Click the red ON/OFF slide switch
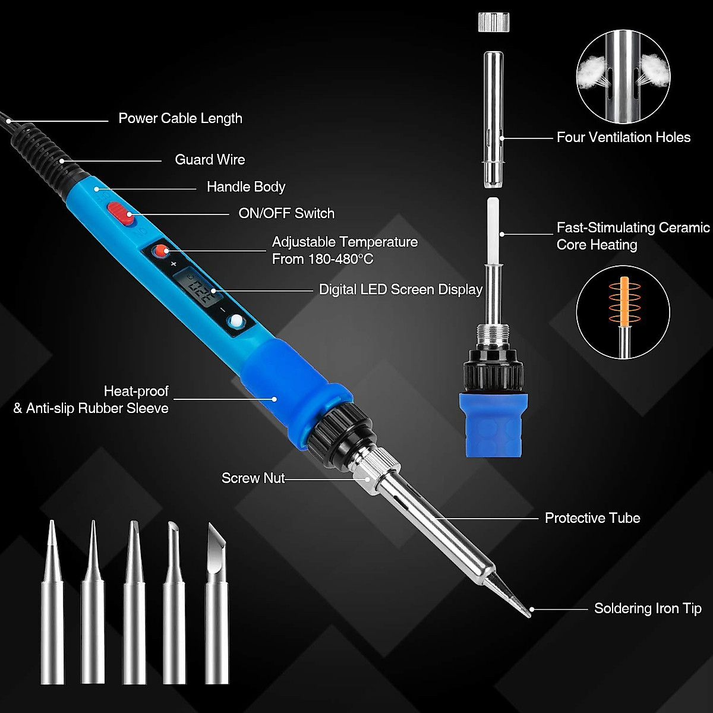(x=121, y=214)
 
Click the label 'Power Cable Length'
(x=180, y=118)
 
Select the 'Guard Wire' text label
(x=210, y=159)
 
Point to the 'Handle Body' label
(x=246, y=187)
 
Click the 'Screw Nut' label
(x=253, y=478)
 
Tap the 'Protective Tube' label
(x=592, y=518)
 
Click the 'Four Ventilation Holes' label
(x=623, y=137)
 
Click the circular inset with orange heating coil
(x=623, y=313)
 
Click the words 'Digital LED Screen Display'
(x=400, y=289)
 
